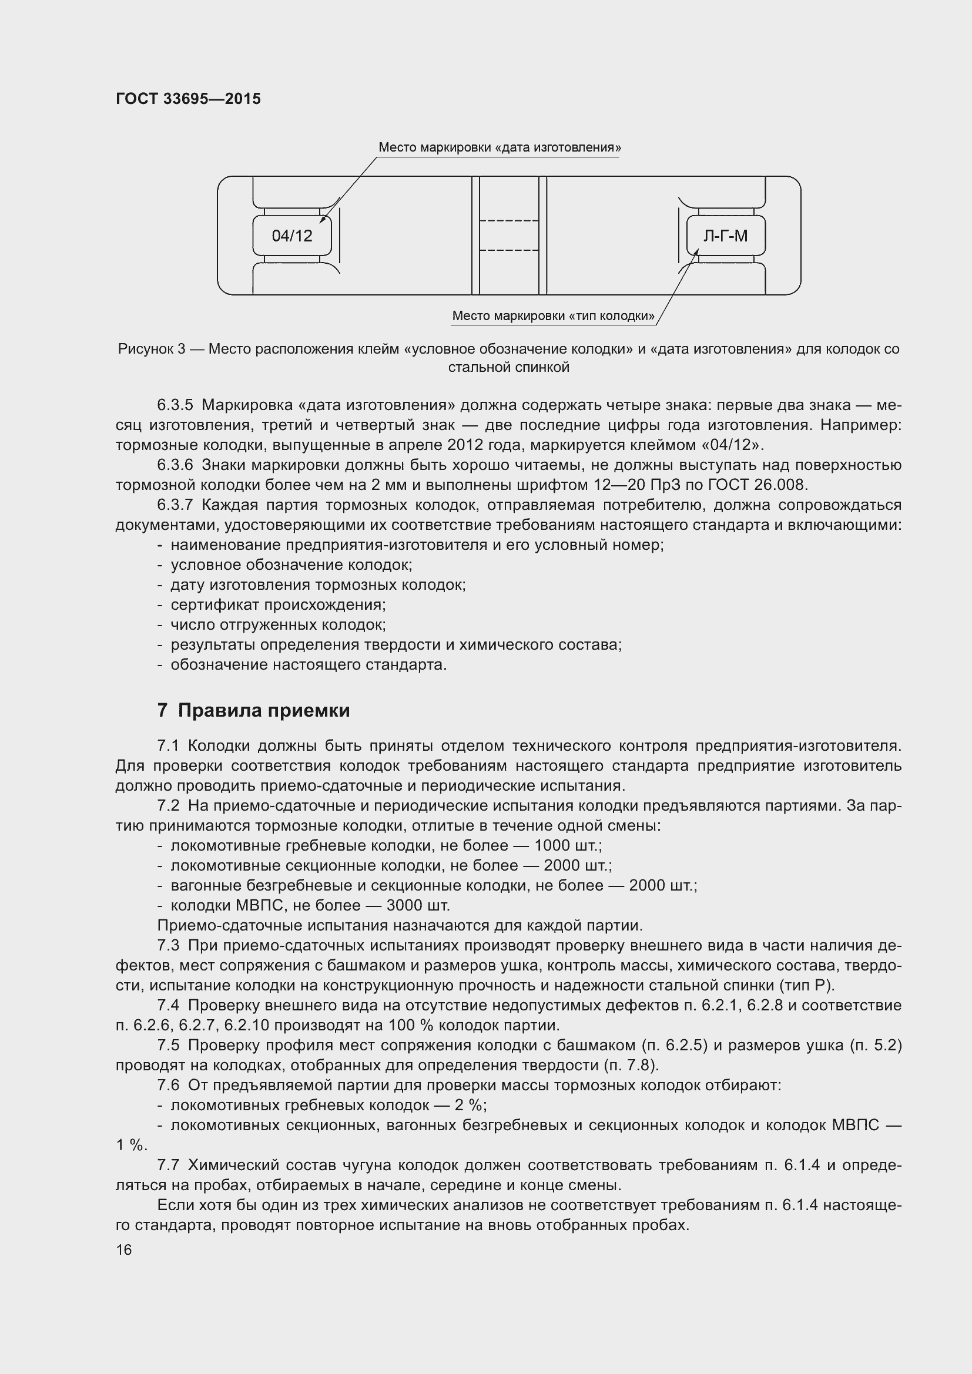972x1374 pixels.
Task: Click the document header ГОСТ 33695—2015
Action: pyautogui.click(x=188, y=99)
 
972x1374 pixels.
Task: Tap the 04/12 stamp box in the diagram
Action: pyautogui.click(x=292, y=236)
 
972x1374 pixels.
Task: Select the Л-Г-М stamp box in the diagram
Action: pyautogui.click(x=725, y=236)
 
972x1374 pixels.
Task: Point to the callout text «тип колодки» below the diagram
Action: pyautogui.click(x=553, y=315)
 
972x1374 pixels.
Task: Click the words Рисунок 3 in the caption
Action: pyautogui.click(x=152, y=349)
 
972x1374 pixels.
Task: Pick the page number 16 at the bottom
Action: pyautogui.click(x=124, y=1249)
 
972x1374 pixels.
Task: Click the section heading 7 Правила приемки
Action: pyautogui.click(x=253, y=710)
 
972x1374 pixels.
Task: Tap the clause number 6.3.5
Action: pyautogui.click(x=175, y=405)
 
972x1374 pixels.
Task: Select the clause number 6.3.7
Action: pyautogui.click(x=175, y=505)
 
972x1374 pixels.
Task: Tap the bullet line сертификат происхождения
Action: pyautogui.click(x=278, y=604)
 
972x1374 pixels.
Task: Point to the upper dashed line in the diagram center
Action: pyautogui.click(x=510, y=221)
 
